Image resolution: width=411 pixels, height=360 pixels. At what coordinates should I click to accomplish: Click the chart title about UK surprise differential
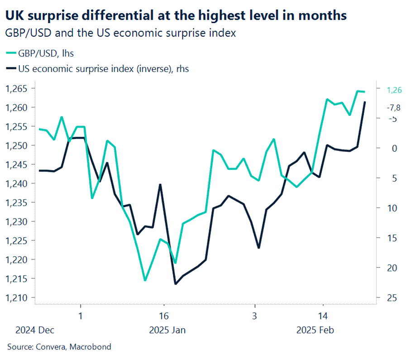tap(176, 16)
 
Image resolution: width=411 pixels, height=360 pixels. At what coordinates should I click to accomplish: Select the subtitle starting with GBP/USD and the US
tap(120, 34)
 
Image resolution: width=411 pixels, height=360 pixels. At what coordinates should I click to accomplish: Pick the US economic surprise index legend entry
tap(97, 69)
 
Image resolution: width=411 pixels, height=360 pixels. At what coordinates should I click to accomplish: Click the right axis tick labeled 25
tap(392, 298)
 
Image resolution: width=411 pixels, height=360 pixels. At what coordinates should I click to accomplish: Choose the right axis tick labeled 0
tap(392, 148)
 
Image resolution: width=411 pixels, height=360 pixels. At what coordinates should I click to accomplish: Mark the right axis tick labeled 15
tap(392, 238)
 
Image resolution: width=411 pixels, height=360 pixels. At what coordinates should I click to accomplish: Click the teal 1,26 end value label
tap(394, 90)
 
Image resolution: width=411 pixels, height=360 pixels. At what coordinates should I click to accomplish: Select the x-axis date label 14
tap(323, 316)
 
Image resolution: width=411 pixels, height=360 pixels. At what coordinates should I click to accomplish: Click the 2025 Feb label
tap(315, 330)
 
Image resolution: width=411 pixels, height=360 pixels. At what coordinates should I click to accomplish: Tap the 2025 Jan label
tap(167, 330)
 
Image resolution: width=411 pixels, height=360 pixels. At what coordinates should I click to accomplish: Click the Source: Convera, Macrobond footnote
tap(59, 347)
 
